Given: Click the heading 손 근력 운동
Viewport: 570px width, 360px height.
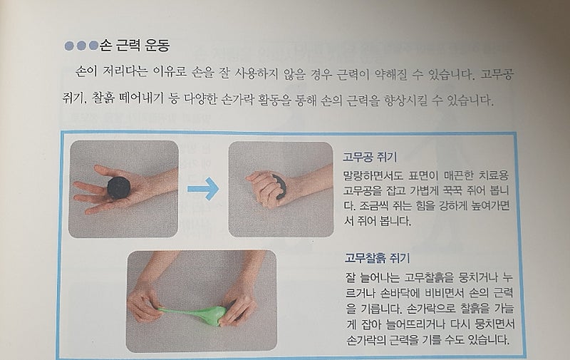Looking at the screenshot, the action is point(134,46).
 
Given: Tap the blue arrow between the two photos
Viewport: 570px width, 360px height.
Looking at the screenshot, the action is point(203,189).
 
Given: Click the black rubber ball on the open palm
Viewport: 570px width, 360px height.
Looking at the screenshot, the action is point(119,187).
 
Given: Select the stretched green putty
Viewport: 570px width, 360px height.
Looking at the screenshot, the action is point(194,314).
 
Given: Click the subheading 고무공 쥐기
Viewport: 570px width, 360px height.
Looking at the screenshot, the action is point(370,157).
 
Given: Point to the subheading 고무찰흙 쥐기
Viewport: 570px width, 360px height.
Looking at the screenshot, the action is point(377,258).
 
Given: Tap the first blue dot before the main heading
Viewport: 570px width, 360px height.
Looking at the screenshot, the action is point(69,46).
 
